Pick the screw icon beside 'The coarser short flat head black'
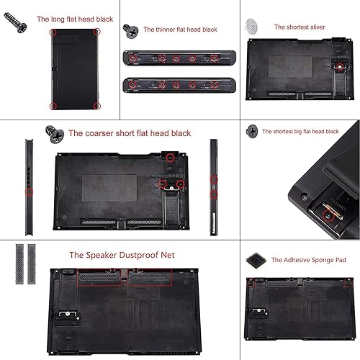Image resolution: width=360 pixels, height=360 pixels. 53,132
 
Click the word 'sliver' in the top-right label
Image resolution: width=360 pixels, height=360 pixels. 315,27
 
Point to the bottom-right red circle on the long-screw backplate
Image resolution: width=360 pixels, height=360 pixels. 97,106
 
